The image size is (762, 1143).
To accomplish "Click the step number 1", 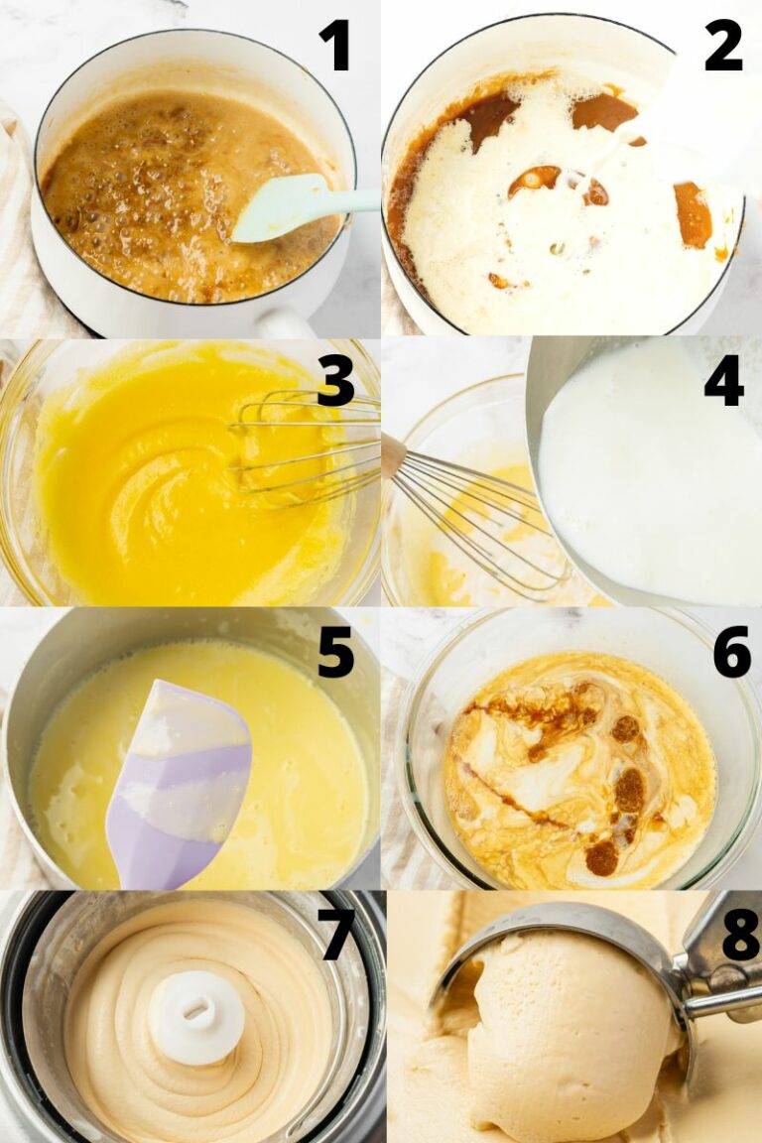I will coord(334,46).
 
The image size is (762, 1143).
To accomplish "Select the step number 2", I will coord(723,46).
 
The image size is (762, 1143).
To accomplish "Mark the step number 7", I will coord(336,935).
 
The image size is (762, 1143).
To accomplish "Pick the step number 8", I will coord(740,935).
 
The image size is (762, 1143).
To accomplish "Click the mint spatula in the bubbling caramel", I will coord(288,207).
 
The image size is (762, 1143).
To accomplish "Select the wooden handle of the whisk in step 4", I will coord(393,454).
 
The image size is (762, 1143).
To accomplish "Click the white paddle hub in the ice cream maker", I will coord(195,1015).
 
